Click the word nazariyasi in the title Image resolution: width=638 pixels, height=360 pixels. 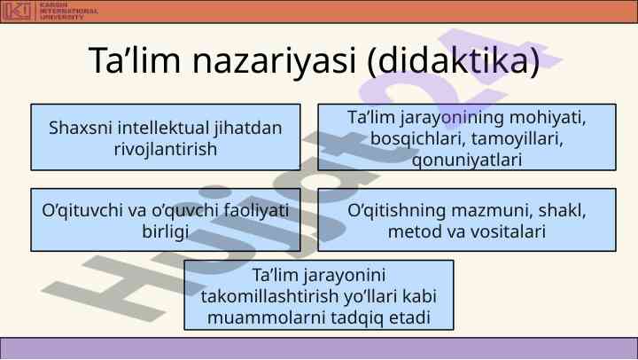pos(274,61)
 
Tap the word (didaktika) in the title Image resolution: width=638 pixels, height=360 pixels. pos(454,60)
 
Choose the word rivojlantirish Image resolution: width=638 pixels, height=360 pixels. pos(166,149)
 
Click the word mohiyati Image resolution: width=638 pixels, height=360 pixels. pos(548,118)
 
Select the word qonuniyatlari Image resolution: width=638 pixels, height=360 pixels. pos(467,160)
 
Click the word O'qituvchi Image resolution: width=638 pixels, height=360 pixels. pos(82,211)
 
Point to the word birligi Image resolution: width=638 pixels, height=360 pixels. pos(165,231)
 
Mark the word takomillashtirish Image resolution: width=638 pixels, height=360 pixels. pos(269,296)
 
